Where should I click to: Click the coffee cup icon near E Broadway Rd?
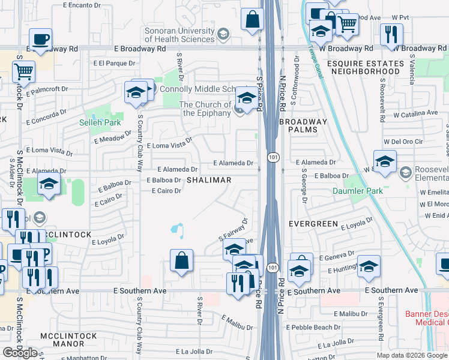point(40,40)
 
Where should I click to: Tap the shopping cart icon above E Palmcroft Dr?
point(23,71)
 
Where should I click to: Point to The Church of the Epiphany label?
point(205,109)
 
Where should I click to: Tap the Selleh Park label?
point(100,122)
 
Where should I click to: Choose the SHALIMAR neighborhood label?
point(208,181)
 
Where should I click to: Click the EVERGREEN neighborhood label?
point(313,224)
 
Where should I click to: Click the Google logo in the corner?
point(20,353)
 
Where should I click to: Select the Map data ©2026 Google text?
point(412,355)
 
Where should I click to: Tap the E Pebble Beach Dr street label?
point(313,328)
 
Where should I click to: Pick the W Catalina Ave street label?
point(415,113)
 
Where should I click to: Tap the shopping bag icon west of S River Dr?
point(181,262)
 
